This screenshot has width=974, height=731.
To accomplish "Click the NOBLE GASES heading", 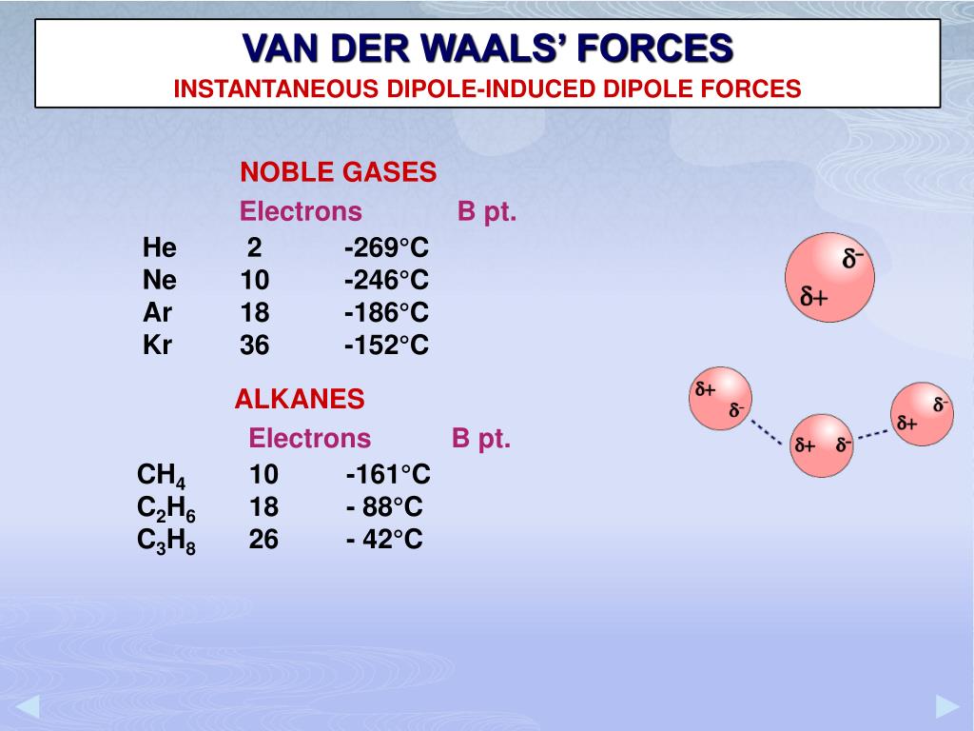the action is coord(338,172).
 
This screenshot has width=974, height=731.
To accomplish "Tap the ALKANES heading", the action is coord(300,399).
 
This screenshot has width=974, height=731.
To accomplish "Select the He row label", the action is coord(160,248).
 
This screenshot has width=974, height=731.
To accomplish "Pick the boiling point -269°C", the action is coord(387,248).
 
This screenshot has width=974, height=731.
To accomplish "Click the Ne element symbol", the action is coord(160,281).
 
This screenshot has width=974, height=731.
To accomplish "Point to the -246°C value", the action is coord(387,281).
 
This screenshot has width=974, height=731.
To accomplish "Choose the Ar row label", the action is coord(158,312).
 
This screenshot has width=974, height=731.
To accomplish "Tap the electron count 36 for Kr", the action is coord(255,345).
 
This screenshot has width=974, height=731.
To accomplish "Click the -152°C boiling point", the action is coord(387,345).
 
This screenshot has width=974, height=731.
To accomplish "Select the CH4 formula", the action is coord(162,476).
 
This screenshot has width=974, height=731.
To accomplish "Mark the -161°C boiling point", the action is coord(388,475).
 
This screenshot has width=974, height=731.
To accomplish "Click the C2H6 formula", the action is coord(166,509).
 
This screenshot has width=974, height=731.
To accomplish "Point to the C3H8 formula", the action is coord(166,542).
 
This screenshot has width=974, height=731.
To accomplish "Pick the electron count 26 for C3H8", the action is coord(264,540).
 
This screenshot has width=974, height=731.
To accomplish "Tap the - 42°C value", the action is coord(384,540).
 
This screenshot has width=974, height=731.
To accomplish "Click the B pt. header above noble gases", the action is coord(487,211).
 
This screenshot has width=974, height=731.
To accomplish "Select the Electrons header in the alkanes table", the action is coord(309,438).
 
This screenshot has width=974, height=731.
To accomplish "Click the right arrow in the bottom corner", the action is coord(947,706).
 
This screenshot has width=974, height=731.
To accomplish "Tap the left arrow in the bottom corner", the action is coord(27,706).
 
